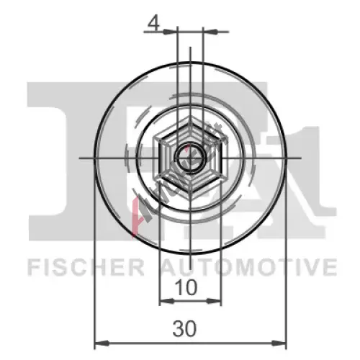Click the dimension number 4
[153, 24]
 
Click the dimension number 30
[184, 328]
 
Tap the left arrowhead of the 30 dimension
[102, 343]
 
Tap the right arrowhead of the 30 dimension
[279, 343]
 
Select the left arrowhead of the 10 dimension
[167, 301]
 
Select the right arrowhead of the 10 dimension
[213, 301]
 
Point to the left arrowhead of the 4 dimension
[169, 32]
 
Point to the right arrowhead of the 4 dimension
[210, 32]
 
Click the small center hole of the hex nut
[190, 158]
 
